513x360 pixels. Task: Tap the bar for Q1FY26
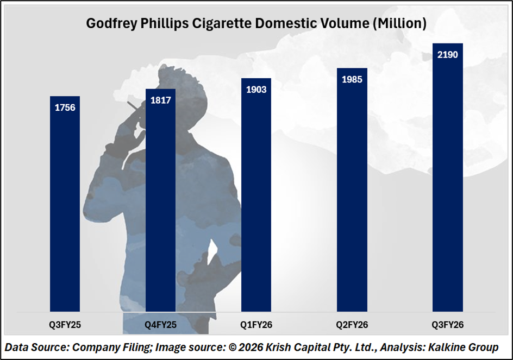tap(256, 201)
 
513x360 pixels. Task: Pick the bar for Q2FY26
tap(352, 195)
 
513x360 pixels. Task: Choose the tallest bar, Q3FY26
tap(447, 185)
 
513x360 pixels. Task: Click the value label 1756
tap(65, 107)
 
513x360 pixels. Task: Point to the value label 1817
tap(160, 100)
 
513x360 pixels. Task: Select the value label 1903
tap(256, 89)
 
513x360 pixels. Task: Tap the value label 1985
tap(352, 79)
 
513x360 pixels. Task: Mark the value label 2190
tap(447, 54)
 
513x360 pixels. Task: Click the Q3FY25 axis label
tap(65, 325)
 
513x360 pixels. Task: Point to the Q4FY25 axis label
tap(160, 325)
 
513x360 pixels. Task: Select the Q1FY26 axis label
tap(256, 325)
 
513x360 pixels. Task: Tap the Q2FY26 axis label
tap(352, 325)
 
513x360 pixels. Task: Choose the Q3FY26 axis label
tap(447, 325)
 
